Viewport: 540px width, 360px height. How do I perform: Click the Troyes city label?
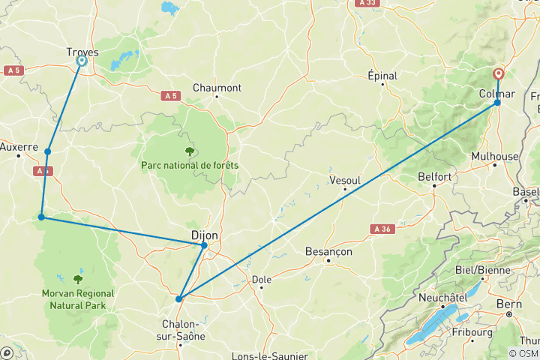(x=83, y=52)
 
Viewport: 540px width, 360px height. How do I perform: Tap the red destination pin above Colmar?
(x=498, y=74)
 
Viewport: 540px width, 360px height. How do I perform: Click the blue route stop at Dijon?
(x=204, y=245)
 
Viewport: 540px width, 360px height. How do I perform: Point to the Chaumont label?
(x=217, y=88)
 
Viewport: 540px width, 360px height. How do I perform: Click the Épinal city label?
(x=382, y=76)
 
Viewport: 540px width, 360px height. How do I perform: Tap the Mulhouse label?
(x=495, y=156)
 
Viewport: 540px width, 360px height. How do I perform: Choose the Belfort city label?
(x=435, y=177)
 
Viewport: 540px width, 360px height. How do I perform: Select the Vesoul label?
(x=345, y=180)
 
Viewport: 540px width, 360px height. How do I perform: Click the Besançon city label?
(x=328, y=252)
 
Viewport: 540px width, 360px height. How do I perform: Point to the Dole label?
(x=262, y=279)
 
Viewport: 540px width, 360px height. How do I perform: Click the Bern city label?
(x=508, y=304)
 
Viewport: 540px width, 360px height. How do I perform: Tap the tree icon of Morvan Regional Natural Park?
(x=78, y=279)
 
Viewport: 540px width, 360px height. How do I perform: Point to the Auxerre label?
(x=19, y=147)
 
